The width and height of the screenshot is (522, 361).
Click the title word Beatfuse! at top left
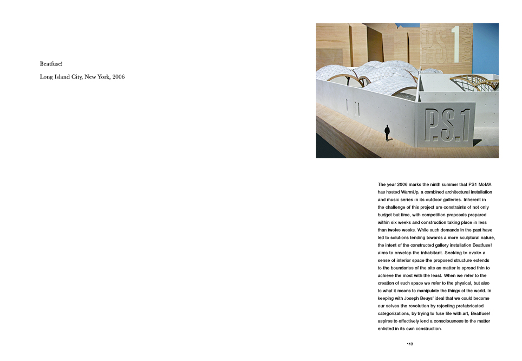[x=51, y=64]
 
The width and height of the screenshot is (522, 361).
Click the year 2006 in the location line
[x=118, y=77]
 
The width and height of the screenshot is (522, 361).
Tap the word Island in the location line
[x=70, y=77]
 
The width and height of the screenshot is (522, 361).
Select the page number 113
[x=410, y=344]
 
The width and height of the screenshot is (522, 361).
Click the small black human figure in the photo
[x=387, y=132]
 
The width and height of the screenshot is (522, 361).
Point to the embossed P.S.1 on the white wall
[x=446, y=125]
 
